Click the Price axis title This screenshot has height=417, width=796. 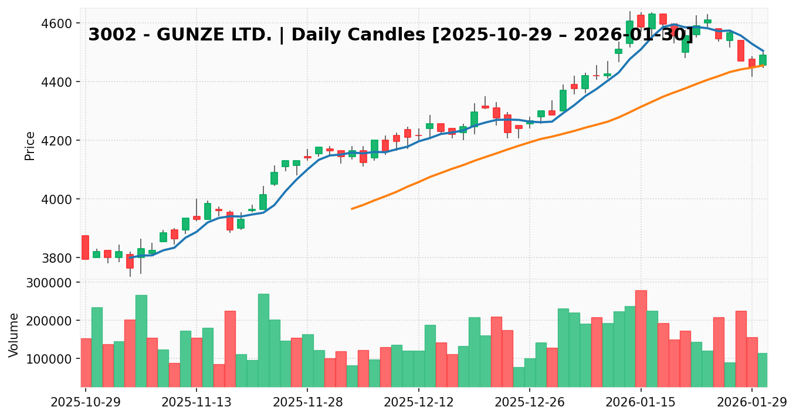point(30,145)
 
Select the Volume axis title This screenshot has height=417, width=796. point(14,335)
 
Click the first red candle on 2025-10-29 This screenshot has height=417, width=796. point(85,247)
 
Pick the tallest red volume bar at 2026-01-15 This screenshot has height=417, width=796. point(641,338)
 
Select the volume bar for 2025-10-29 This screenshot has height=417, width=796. point(86,362)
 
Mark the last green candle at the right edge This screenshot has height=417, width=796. point(763,60)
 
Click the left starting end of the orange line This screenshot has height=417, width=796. point(352,208)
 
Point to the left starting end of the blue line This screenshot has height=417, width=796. point(130,257)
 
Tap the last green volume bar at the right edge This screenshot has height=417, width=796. point(763,369)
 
